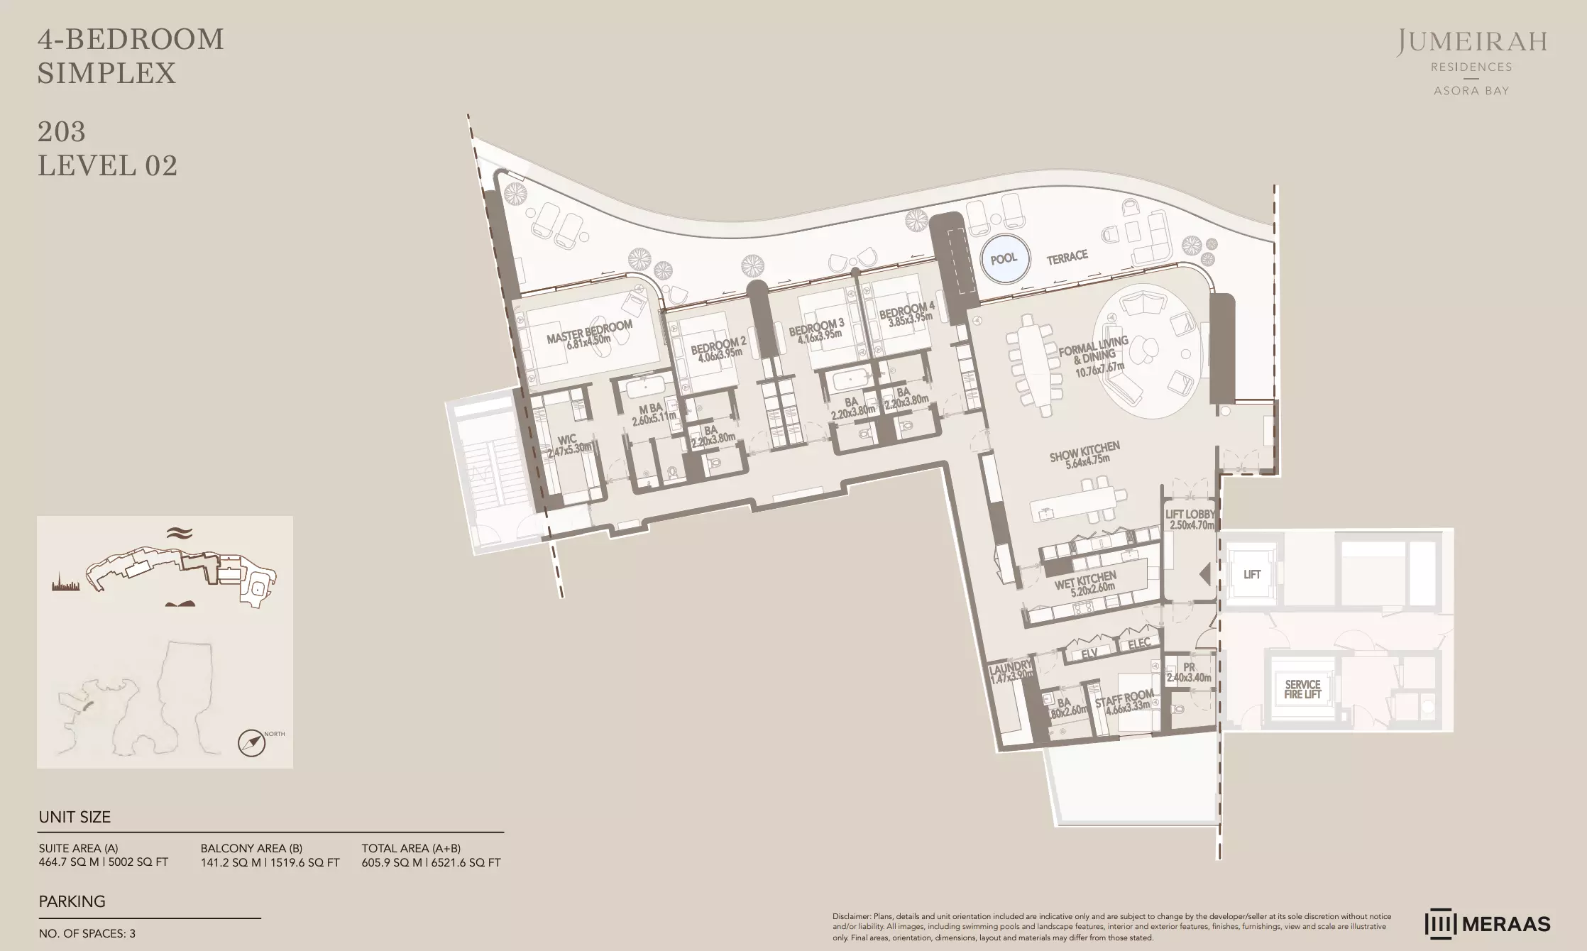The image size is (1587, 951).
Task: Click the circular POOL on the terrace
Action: tap(1004, 258)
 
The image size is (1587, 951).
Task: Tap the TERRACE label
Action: tap(1067, 257)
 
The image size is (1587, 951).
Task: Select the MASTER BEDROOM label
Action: tap(589, 331)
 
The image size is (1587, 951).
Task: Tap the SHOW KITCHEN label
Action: tap(1084, 451)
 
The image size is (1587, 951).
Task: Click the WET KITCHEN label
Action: tap(1085, 579)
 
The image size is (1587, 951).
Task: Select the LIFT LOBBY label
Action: tap(1190, 514)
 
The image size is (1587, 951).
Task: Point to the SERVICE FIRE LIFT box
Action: tap(1302, 689)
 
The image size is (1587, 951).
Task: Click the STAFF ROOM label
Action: tap(1124, 698)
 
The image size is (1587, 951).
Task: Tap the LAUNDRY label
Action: tap(1010, 666)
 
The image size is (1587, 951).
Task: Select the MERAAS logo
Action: tap(1488, 923)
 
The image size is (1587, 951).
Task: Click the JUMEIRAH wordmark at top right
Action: tap(1471, 43)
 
